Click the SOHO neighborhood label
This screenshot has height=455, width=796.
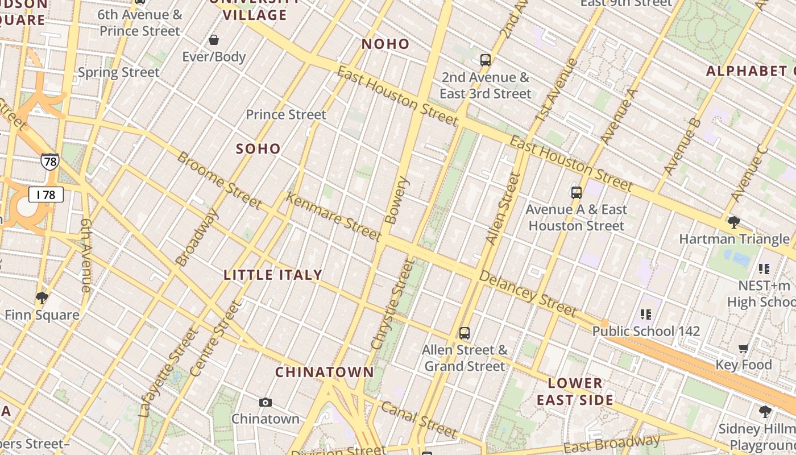tap(258, 149)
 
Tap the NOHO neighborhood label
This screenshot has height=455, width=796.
tap(385, 44)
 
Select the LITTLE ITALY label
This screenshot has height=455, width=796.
tap(273, 275)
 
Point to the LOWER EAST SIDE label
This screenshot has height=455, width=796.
tap(575, 391)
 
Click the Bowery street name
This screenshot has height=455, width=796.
tap(397, 200)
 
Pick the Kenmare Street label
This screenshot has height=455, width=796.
tap(333, 217)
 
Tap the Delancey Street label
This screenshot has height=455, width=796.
tap(528, 293)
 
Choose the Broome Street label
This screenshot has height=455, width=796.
tap(219, 180)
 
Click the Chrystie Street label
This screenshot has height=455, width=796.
tap(393, 304)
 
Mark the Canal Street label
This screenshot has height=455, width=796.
tap(419, 420)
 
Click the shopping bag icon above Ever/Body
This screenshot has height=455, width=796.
tap(214, 40)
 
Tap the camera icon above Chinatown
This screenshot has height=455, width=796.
tap(266, 402)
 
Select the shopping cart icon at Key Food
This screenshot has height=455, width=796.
tap(743, 348)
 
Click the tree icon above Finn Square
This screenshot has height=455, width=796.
tap(42, 297)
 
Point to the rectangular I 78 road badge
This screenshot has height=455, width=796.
tap(45, 195)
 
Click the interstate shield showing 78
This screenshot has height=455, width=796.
tap(50, 162)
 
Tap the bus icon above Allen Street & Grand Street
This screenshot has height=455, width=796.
tap(465, 333)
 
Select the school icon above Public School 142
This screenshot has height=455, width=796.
tap(645, 314)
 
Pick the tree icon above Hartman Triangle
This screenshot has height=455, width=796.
tap(733, 222)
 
